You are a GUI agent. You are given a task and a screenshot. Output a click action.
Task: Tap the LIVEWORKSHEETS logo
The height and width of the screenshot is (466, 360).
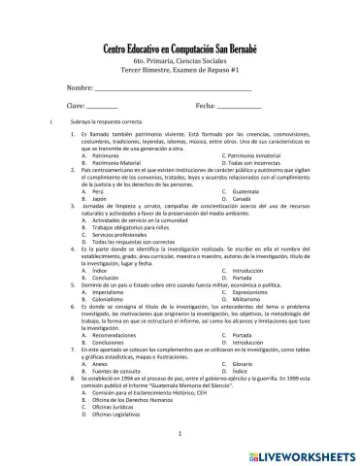[x=306, y=453]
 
